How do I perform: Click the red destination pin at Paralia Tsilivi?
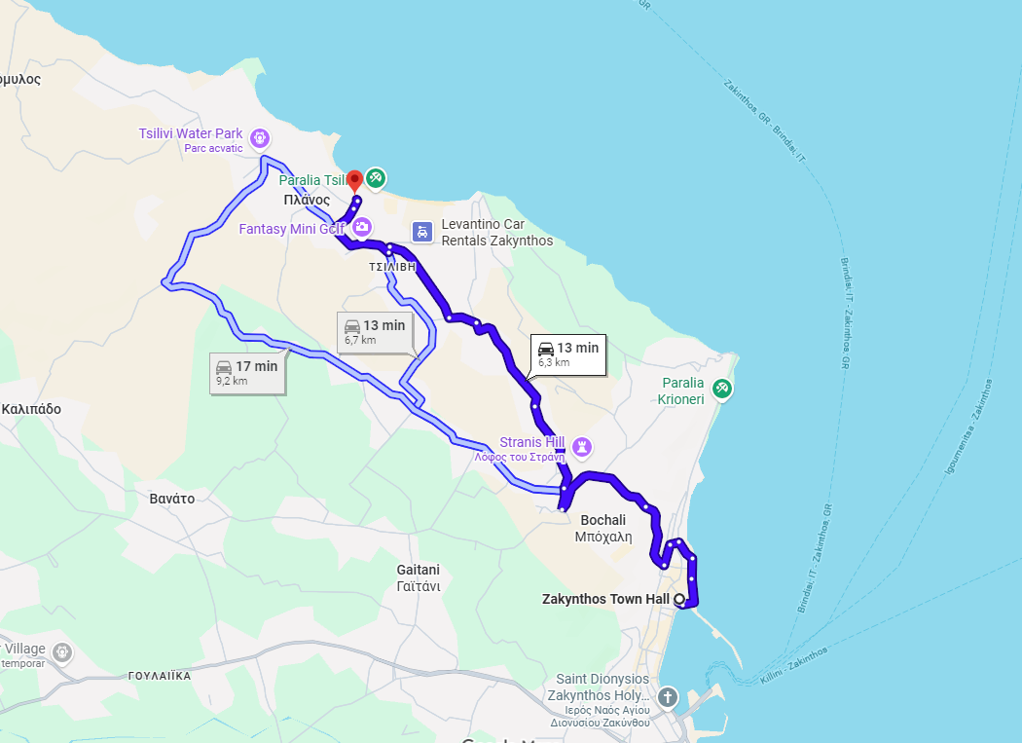click(x=355, y=179)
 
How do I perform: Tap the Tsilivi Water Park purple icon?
click(x=260, y=138)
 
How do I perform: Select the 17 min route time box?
click(x=247, y=372)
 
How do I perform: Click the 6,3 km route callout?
click(x=568, y=353)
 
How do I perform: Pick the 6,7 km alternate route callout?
click(x=375, y=331)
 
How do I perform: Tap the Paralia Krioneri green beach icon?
click(x=721, y=389)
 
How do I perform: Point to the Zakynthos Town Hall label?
click(x=605, y=599)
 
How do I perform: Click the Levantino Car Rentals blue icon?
click(x=421, y=232)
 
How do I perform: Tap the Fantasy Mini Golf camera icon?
click(x=362, y=228)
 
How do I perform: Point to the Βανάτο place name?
click(x=171, y=499)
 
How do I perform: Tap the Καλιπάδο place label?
click(x=31, y=409)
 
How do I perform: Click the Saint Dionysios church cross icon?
click(x=667, y=696)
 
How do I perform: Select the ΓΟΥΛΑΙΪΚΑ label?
click(x=159, y=675)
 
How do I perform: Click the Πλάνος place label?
click(x=307, y=200)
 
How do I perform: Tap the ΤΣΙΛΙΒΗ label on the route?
click(x=391, y=265)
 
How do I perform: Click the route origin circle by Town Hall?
click(x=678, y=599)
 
